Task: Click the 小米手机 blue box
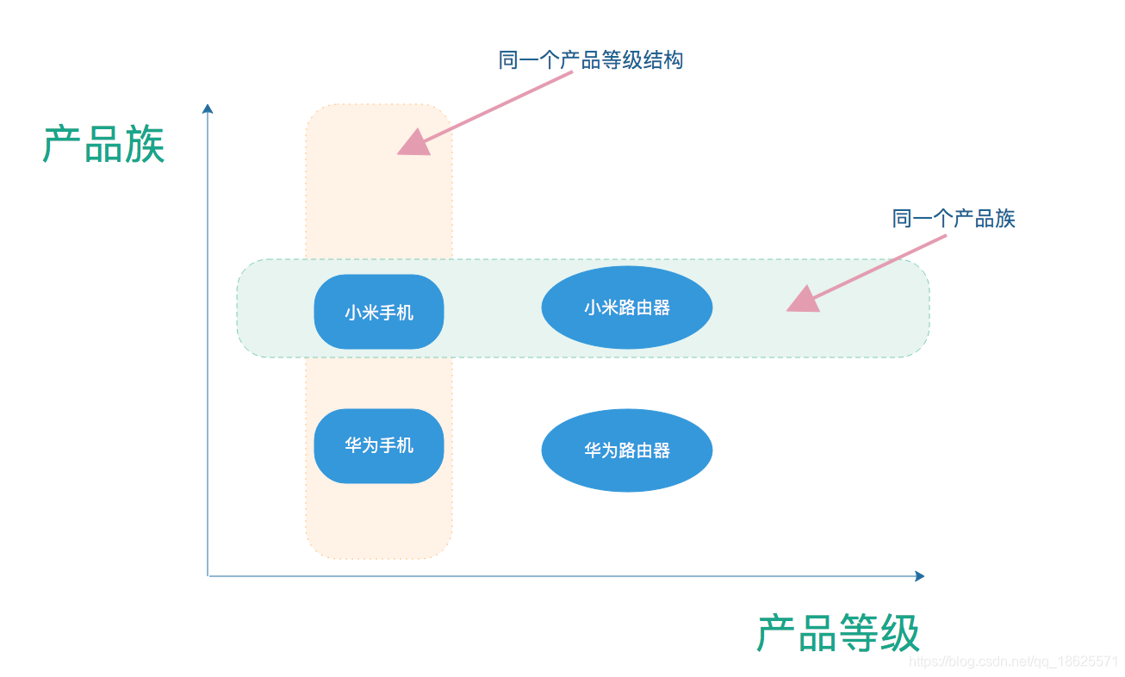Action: [379, 312]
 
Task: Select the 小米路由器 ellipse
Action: [626, 307]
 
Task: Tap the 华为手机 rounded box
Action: [379, 445]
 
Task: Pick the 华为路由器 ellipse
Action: [626, 450]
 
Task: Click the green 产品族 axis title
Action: [103, 144]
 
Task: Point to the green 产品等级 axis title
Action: [838, 633]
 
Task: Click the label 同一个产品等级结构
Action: [590, 60]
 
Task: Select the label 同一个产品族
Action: [954, 219]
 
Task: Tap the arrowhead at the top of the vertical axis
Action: [207, 109]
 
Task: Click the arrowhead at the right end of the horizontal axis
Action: [919, 575]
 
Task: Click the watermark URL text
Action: [1013, 661]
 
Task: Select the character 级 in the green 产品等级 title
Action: [900, 633]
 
